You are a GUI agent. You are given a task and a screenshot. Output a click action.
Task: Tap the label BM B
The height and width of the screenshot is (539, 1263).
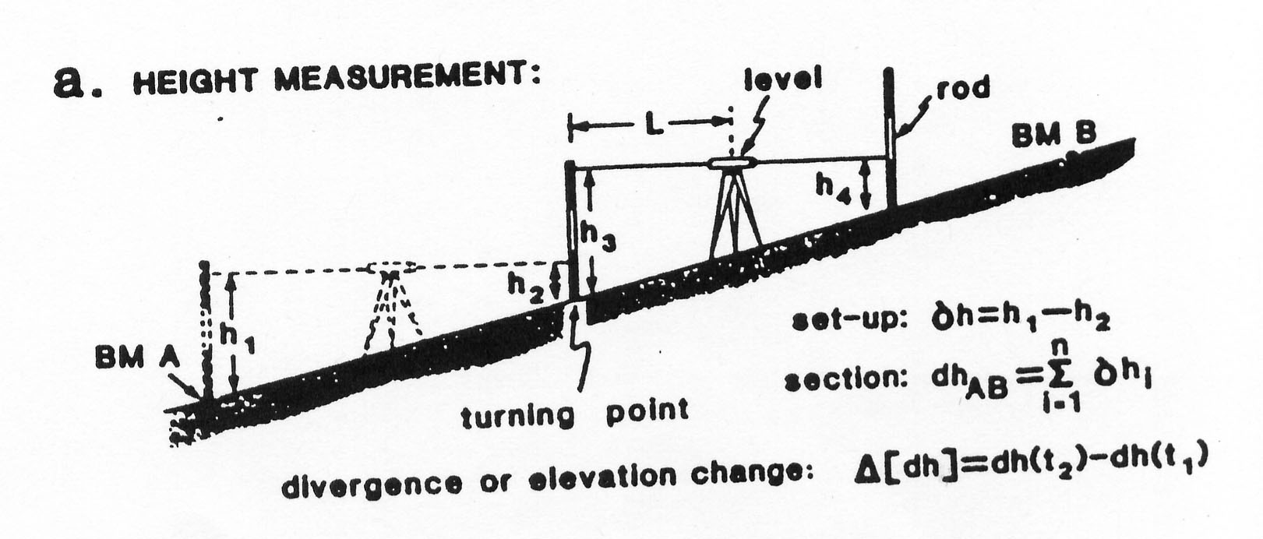[1054, 135]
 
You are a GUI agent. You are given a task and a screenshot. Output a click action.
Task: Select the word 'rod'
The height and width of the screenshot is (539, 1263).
[963, 89]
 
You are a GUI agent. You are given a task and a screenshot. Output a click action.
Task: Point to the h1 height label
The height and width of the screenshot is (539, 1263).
[237, 339]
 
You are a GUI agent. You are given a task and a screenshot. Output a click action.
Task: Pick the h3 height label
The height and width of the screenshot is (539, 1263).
[598, 236]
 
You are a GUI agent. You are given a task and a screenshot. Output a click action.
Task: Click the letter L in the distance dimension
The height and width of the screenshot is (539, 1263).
[653, 125]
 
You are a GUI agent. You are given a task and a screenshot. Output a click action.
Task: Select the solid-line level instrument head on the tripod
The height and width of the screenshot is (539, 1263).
[732, 163]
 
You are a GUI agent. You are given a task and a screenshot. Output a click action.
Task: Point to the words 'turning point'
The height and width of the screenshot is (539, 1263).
[575, 415]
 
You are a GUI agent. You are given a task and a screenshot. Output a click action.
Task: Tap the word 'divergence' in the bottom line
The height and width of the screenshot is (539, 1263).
[372, 484]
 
